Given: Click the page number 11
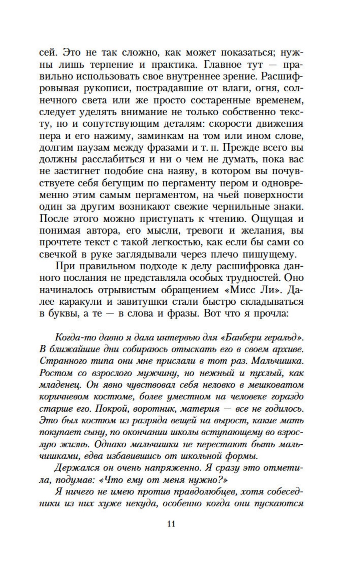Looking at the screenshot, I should [171, 524].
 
